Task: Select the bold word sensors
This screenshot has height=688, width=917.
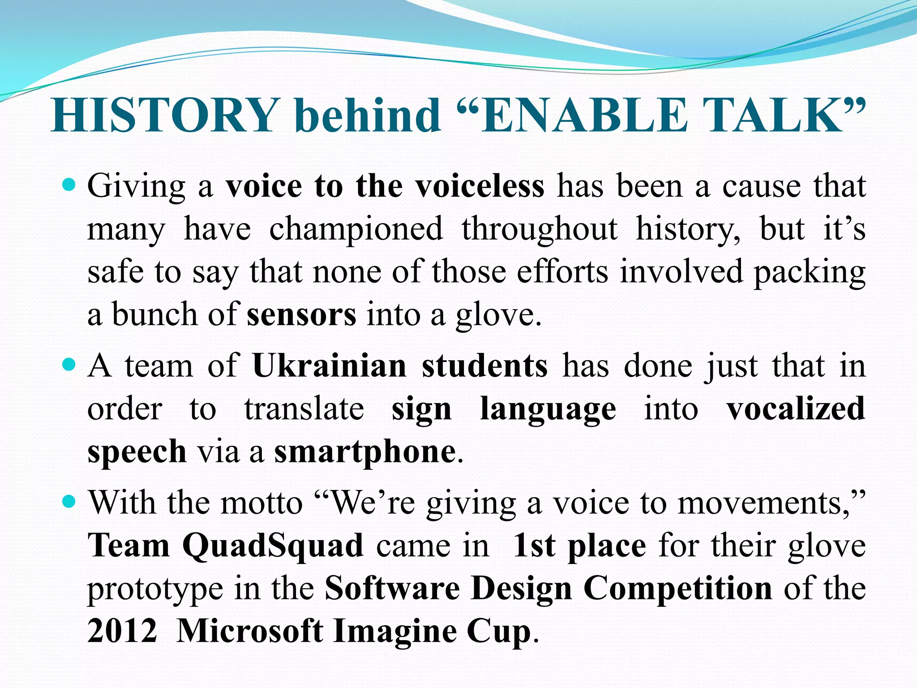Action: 301,314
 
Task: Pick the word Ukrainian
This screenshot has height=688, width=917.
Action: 330,366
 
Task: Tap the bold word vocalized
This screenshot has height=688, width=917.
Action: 796,408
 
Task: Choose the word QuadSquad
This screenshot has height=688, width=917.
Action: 273,546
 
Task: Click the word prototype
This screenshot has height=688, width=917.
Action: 155,589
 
